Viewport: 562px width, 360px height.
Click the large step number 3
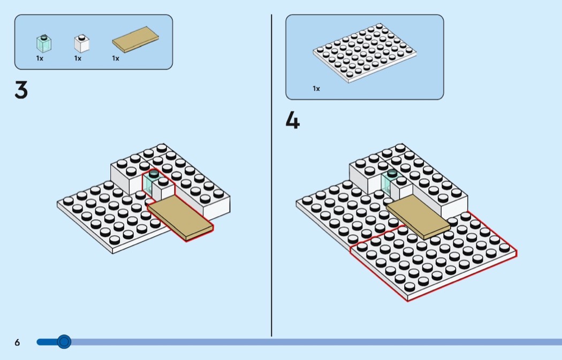pos(21,90)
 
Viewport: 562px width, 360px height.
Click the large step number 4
pos(292,121)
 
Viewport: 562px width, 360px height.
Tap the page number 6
pos(17,342)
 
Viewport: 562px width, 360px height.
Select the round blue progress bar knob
pos(64,341)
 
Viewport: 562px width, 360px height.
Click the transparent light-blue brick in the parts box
pos(43,43)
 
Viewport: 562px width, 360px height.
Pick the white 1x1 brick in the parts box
pos(81,43)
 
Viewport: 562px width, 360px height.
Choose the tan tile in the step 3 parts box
pos(135,39)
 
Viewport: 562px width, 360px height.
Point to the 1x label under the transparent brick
pos(40,58)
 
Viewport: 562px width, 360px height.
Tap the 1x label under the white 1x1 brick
pos(78,58)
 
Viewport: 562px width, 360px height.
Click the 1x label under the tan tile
pos(116,58)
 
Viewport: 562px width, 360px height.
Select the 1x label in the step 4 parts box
pos(316,89)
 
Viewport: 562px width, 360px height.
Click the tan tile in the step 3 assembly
pos(180,217)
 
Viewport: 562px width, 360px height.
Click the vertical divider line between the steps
pos(271,177)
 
